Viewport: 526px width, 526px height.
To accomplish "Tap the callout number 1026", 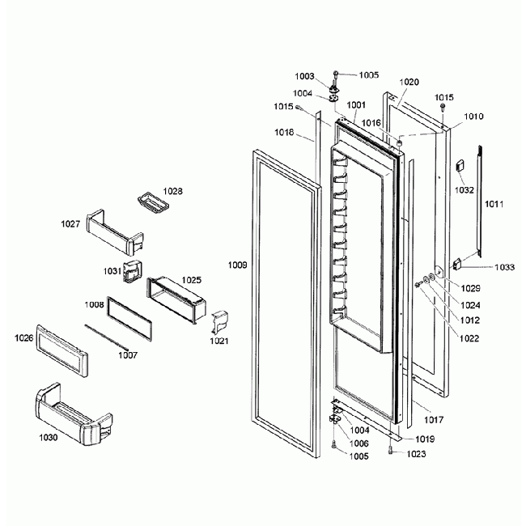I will (x=24, y=338).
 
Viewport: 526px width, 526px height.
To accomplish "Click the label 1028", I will (x=172, y=192).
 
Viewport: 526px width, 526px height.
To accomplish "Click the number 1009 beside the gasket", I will (x=237, y=265).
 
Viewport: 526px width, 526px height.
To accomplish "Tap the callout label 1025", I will (x=191, y=279).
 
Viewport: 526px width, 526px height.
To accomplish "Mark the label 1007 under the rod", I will (x=127, y=354).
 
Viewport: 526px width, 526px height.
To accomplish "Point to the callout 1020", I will (x=409, y=83).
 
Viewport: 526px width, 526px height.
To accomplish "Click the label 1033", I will (x=503, y=267).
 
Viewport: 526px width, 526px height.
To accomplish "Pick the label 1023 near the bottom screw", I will (x=416, y=454).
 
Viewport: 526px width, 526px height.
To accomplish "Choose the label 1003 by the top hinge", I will (x=304, y=76).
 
